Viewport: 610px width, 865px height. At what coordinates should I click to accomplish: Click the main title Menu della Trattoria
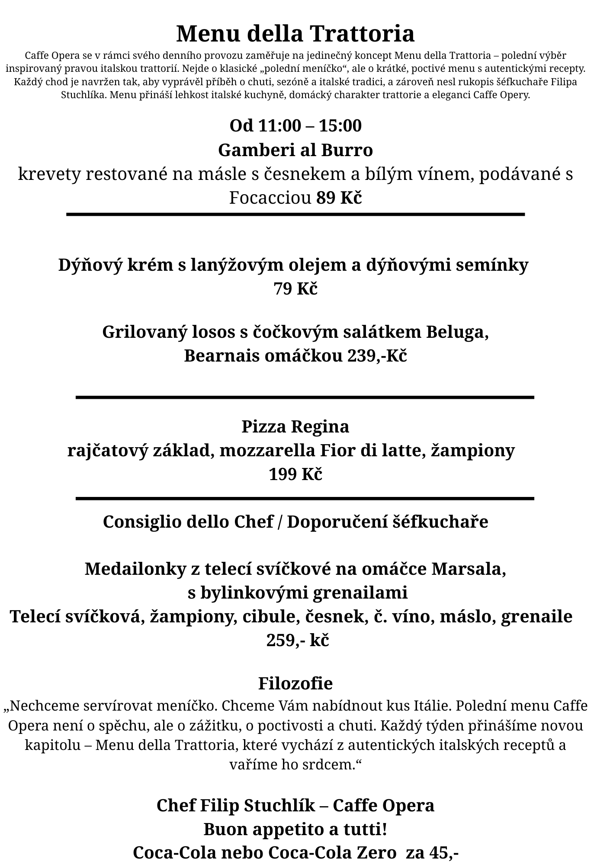(x=295, y=34)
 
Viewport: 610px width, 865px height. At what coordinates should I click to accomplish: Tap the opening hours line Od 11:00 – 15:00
(x=295, y=126)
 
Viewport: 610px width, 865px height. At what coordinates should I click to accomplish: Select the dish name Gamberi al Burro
(x=295, y=151)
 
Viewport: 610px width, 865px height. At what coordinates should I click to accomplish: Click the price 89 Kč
(x=339, y=198)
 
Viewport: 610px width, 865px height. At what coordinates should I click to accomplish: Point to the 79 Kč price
(x=295, y=288)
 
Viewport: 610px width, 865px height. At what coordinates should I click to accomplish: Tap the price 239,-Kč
(x=377, y=356)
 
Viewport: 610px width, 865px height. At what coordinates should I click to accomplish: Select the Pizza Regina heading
(x=295, y=426)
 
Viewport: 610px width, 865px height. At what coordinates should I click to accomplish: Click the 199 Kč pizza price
(x=295, y=474)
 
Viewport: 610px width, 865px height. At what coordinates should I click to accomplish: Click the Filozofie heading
(x=295, y=684)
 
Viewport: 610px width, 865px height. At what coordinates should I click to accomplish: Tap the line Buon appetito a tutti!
(x=295, y=830)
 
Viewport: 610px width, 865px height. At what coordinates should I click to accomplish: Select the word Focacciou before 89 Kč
(x=270, y=198)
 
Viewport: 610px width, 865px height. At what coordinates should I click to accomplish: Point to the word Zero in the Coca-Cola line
(x=378, y=853)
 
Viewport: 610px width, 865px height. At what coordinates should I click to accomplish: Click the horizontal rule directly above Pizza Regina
(x=305, y=397)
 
